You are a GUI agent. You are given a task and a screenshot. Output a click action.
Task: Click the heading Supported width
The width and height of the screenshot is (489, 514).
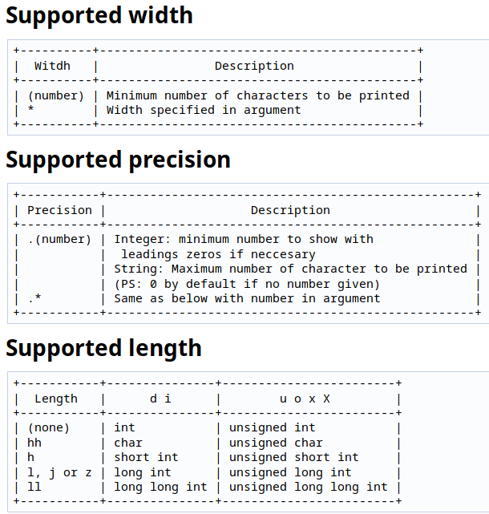[x=99, y=15]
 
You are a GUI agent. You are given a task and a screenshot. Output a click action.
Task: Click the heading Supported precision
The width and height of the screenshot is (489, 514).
[x=118, y=160]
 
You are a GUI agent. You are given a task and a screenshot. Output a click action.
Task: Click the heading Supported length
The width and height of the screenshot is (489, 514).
[x=103, y=348]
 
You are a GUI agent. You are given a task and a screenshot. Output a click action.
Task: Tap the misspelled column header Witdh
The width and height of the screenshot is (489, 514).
[x=52, y=66]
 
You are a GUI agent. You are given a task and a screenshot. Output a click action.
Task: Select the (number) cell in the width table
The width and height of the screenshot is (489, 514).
[x=55, y=95]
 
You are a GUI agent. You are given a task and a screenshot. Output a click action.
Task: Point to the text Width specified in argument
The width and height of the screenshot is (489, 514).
[x=204, y=110]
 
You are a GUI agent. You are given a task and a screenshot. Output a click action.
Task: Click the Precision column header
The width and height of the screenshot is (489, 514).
[x=59, y=210]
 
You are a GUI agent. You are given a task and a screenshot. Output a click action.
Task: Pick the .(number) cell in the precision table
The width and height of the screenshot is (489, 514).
[x=59, y=239]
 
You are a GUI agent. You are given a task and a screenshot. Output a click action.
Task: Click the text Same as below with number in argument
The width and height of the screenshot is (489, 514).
[x=247, y=298]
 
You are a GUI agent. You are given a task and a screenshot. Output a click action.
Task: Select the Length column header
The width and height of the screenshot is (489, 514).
[x=56, y=399]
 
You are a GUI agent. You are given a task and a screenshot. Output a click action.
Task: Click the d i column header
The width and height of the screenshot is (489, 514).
[x=160, y=399]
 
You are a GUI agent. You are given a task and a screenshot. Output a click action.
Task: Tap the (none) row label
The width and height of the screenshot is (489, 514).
[x=49, y=427]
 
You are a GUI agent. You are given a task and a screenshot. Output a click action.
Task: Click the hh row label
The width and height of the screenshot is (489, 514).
[x=34, y=443]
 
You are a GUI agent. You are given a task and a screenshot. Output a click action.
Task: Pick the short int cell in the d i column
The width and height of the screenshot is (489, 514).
[x=146, y=457]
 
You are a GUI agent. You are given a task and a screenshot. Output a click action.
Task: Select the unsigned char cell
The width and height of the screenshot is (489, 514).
[x=276, y=443]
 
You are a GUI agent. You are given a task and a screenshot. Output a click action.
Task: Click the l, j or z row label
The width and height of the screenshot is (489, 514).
[x=59, y=472]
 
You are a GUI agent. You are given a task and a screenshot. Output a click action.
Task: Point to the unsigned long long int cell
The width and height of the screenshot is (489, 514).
[x=308, y=487]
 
